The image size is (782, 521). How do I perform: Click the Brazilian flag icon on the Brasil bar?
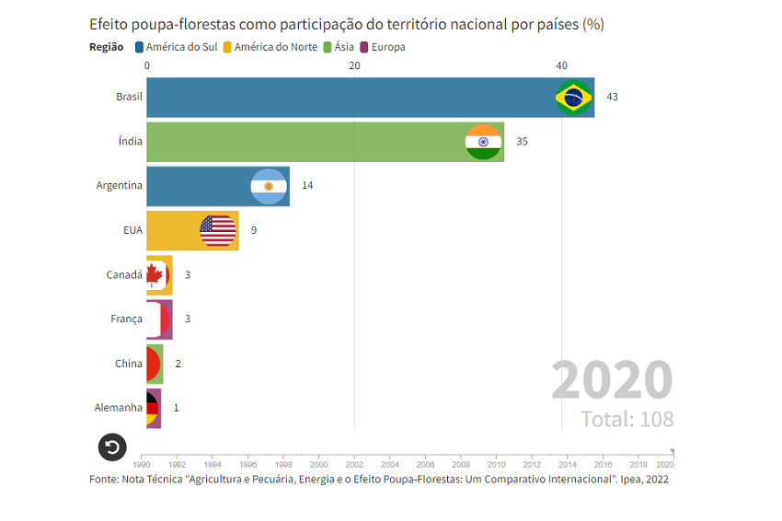[x=574, y=98]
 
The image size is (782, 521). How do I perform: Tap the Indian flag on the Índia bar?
[x=483, y=142]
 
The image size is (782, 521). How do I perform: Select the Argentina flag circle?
[x=269, y=186]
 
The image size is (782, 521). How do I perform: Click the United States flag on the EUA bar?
[x=218, y=230]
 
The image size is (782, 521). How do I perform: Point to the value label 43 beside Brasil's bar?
[x=612, y=98]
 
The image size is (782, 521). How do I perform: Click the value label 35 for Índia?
[x=522, y=142]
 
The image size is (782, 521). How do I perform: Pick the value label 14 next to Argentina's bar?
[x=307, y=186]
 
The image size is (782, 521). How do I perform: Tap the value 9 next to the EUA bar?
[x=254, y=230]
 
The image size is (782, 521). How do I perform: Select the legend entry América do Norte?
[x=272, y=47]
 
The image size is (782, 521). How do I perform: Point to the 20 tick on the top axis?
[x=354, y=65]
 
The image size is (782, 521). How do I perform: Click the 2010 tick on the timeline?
[x=496, y=465]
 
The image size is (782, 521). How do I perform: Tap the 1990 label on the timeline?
[x=143, y=465]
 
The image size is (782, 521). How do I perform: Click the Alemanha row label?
[x=119, y=408]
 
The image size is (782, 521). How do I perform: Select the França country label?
[x=126, y=319]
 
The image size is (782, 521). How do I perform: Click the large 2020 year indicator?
[x=612, y=380]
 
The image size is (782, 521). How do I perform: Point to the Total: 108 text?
[x=627, y=420]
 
